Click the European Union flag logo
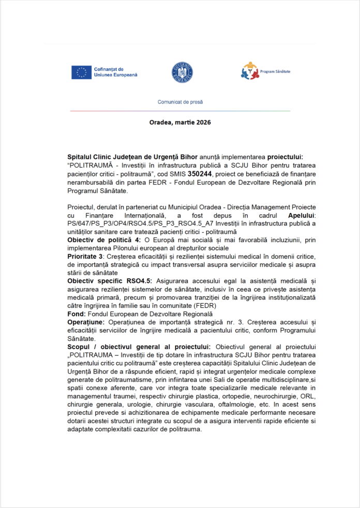coord(81,72)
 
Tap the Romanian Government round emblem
coord(183,72)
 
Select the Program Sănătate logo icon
coord(249,71)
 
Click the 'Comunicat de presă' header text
coord(180,102)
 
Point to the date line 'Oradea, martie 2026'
coord(180,123)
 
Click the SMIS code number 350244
coord(200,174)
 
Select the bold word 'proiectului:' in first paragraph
coord(281,157)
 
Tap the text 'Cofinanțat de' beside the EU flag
coord(109,69)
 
